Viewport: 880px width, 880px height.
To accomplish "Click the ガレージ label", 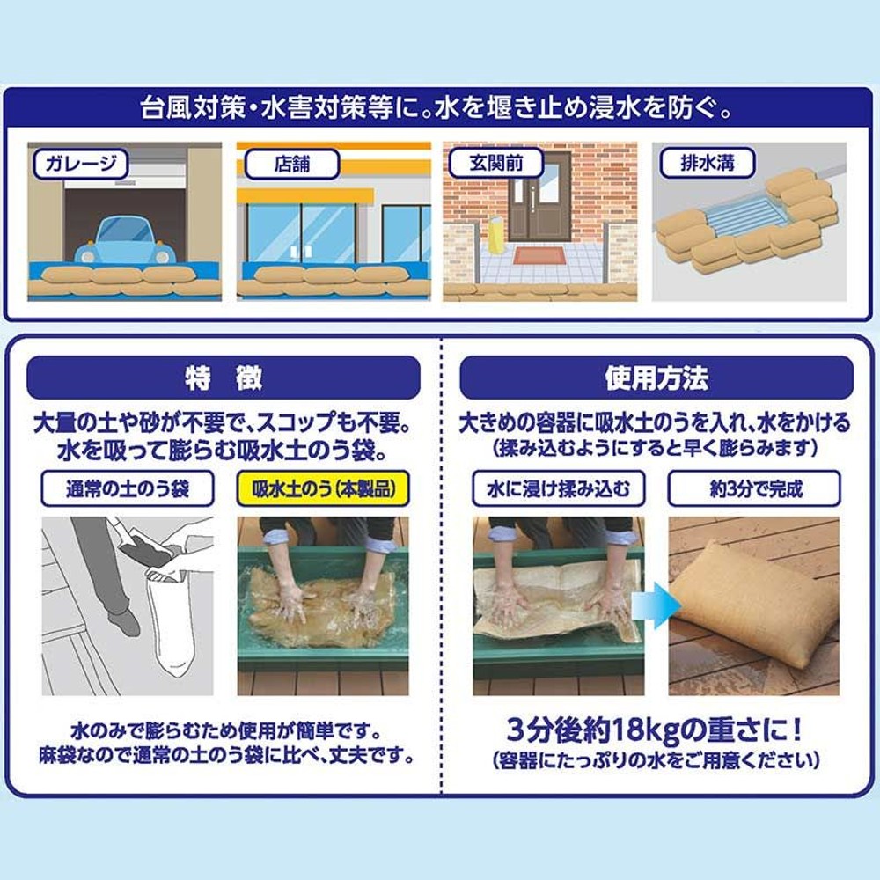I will [80, 163].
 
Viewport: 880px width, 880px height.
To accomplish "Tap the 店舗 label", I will [290, 164].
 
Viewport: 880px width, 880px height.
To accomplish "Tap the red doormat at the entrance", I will [539, 257].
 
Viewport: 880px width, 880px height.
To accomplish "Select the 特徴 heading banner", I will [224, 378].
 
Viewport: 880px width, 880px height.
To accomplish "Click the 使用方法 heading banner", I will [656, 378].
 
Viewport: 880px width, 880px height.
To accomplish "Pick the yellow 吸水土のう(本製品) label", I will [324, 488].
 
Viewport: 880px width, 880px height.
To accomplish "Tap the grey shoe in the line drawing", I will [125, 620].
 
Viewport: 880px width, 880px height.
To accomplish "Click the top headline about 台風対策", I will [438, 111].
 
